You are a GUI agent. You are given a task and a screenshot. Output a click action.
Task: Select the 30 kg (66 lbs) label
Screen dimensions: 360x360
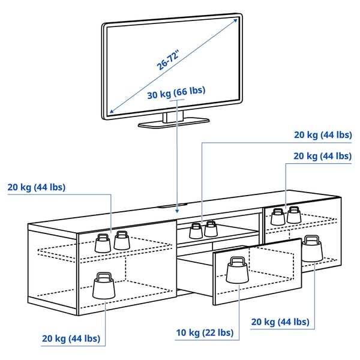(x=176, y=91)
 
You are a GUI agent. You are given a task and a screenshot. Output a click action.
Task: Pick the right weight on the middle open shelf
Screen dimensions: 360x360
(x=210, y=229)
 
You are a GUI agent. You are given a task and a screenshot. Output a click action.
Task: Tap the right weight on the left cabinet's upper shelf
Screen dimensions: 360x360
(x=122, y=239)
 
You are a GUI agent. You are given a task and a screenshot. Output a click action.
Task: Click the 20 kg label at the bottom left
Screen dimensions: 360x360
(x=71, y=339)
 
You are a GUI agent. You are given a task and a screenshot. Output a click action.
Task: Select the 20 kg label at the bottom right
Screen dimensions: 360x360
(x=280, y=322)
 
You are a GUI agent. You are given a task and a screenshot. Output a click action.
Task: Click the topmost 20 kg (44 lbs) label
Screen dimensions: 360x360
(x=323, y=135)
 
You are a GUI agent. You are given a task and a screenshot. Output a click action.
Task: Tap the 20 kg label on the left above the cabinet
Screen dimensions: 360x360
(x=37, y=187)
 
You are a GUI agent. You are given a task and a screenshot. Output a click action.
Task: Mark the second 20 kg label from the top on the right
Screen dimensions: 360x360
(x=323, y=156)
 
